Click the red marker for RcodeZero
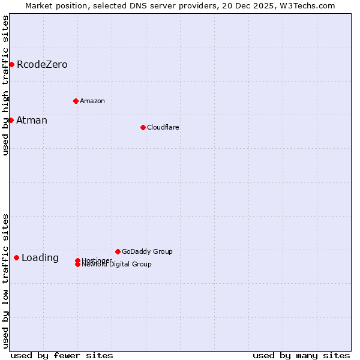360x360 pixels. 11,64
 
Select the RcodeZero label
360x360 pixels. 42,65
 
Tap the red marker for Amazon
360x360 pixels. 76,101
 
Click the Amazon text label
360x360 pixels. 92,101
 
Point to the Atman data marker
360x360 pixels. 11,120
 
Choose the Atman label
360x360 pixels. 32,121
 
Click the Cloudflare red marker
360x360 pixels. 143,127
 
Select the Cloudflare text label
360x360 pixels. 163,127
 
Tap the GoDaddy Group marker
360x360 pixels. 118,251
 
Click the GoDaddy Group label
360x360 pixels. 147,251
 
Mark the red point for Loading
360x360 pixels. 16,257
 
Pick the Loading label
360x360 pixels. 40,258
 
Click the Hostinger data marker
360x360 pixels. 77,260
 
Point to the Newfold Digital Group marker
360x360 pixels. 77,265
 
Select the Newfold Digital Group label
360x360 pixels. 117,265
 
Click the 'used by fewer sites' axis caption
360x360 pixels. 62,355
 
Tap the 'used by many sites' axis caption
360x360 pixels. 301,355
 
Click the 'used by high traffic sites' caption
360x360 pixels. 5,85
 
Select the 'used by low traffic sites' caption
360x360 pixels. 5,281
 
